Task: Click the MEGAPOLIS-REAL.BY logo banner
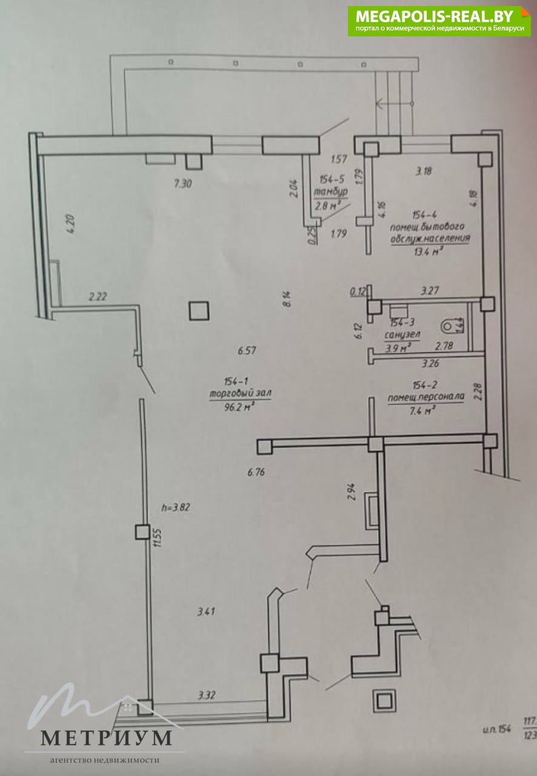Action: [438, 21]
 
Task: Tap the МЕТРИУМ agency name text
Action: [106, 738]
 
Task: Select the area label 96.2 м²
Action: [239, 407]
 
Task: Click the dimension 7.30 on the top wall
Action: [182, 185]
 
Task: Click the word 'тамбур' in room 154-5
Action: [331, 192]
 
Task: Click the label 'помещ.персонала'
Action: [425, 398]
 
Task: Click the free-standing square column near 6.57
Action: [199, 310]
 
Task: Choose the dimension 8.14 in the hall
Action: [287, 299]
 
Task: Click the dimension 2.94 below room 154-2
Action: [351, 491]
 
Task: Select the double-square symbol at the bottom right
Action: [385, 701]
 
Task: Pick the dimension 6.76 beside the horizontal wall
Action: [257, 472]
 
